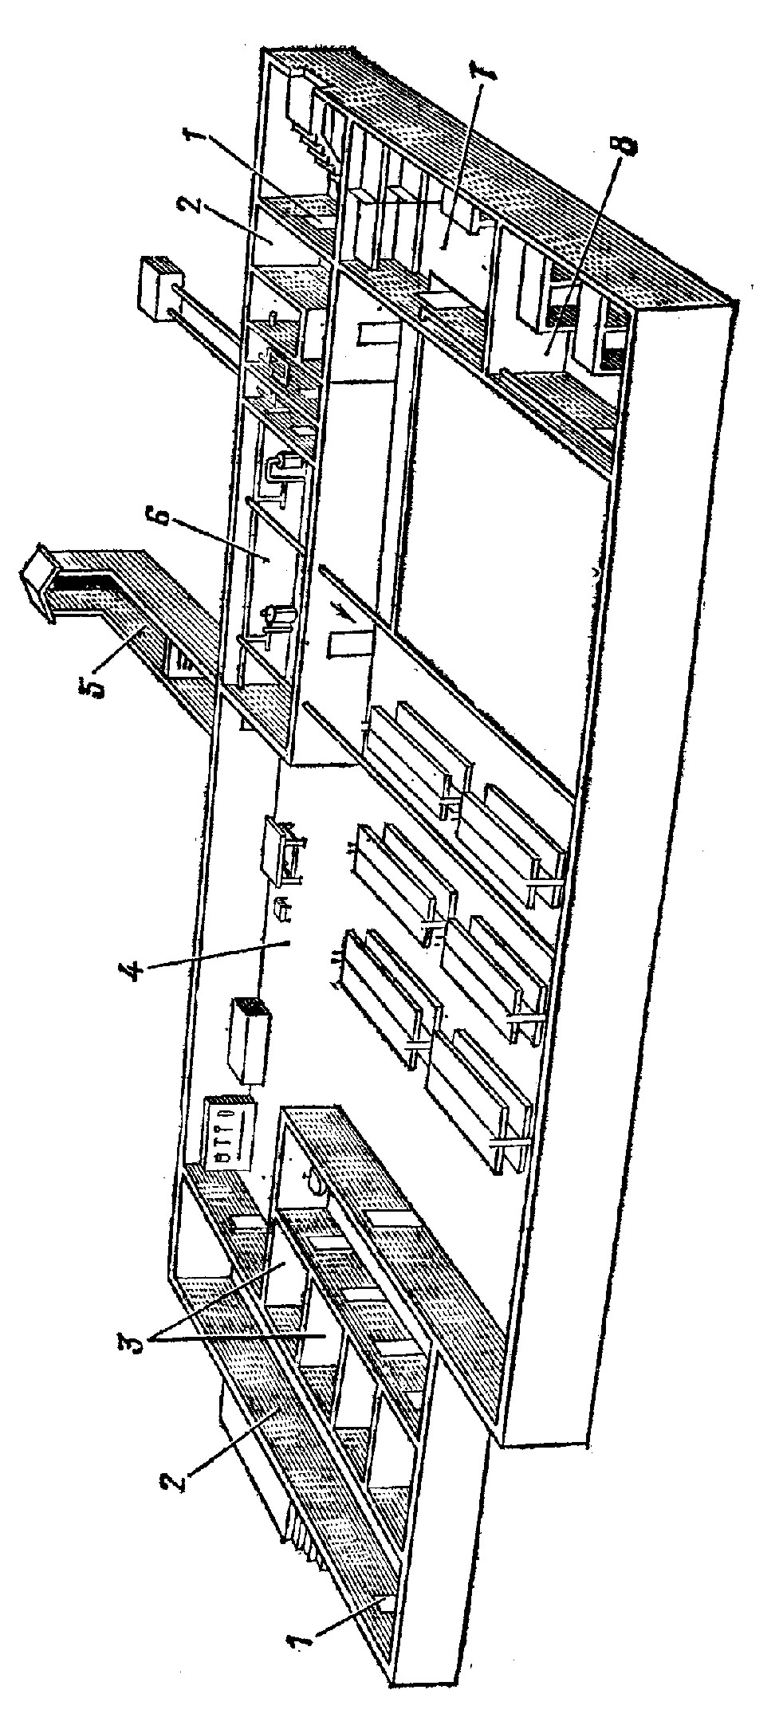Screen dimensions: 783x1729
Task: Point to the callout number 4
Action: coord(135,972)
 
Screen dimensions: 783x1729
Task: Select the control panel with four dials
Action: coord(230,1133)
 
